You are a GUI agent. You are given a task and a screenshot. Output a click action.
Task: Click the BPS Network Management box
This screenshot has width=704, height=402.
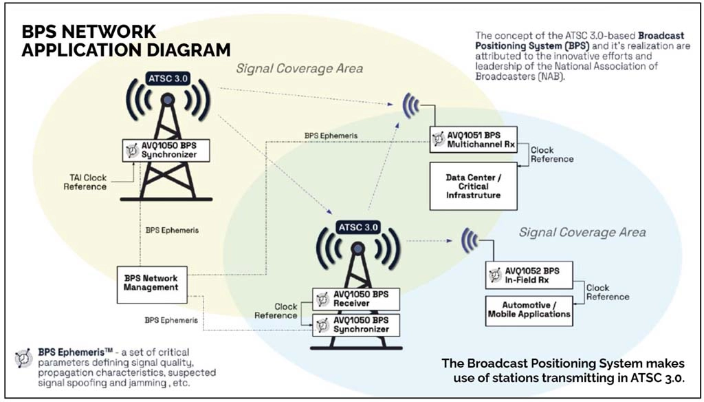(152, 285)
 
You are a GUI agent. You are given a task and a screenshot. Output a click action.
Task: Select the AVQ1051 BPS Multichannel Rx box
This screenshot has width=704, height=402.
(473, 140)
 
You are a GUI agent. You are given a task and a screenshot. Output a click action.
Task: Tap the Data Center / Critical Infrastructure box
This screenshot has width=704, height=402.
(473, 186)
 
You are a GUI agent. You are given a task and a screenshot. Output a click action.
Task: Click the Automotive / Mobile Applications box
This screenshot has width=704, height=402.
(529, 310)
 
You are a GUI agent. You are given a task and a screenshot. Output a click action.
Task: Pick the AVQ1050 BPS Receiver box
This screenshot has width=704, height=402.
(356, 299)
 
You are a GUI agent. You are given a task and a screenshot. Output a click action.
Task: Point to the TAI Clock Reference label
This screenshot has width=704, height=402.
(85, 182)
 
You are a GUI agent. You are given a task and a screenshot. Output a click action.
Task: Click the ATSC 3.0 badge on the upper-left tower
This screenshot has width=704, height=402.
(168, 79)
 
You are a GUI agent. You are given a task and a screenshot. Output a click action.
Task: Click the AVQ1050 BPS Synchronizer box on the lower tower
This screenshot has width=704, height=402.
(356, 325)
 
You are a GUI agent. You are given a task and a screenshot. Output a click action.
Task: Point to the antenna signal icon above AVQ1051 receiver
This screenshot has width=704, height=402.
(411, 106)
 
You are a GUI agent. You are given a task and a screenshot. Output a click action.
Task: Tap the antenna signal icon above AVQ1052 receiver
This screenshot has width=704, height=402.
(470, 240)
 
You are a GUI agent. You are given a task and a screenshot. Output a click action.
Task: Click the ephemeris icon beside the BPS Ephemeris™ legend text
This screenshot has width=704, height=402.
(23, 357)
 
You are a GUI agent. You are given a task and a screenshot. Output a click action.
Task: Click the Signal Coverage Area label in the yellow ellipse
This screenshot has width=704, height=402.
(300, 69)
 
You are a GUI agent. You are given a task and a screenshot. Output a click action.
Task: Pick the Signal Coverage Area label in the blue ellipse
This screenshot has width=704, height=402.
(582, 232)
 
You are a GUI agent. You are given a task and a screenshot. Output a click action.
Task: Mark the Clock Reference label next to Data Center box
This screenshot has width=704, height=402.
(552, 154)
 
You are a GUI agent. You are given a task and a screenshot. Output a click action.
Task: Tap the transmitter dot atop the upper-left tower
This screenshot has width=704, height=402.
(168, 99)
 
